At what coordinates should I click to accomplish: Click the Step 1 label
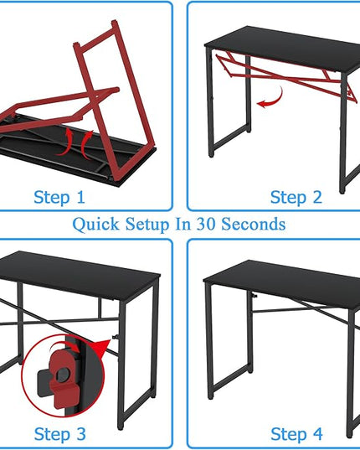(59, 198)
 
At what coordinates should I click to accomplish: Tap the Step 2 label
(296, 198)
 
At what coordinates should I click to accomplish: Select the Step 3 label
(60, 434)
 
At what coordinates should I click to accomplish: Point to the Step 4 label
(296, 434)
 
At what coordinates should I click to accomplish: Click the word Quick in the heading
(95, 224)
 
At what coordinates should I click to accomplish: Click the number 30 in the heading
(206, 224)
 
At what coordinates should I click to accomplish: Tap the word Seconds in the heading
(254, 224)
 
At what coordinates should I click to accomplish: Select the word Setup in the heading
(147, 224)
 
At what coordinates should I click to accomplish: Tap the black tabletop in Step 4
(282, 282)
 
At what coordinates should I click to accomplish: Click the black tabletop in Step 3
(79, 274)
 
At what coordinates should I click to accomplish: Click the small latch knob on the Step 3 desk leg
(116, 337)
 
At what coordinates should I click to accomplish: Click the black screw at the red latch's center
(63, 374)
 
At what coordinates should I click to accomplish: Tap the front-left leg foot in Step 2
(211, 155)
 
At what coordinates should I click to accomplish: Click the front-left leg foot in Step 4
(210, 397)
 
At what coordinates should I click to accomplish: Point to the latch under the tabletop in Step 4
(254, 295)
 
